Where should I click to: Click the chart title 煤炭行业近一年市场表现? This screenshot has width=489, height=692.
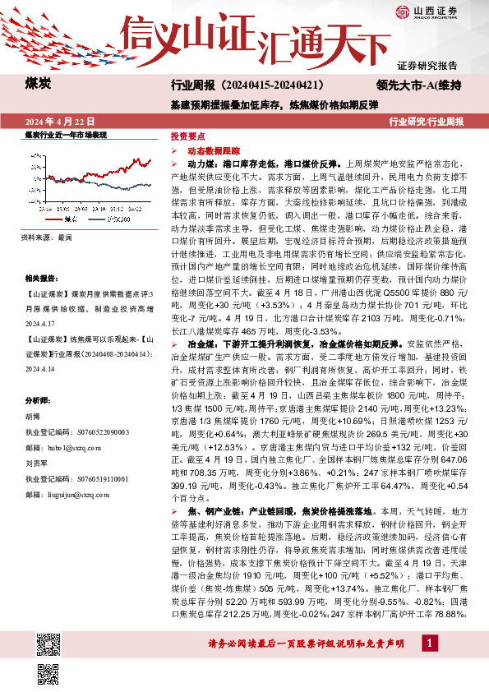click(66, 134)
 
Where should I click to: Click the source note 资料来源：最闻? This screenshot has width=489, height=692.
click(49, 236)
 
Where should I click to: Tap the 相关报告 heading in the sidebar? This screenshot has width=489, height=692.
click(39, 279)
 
